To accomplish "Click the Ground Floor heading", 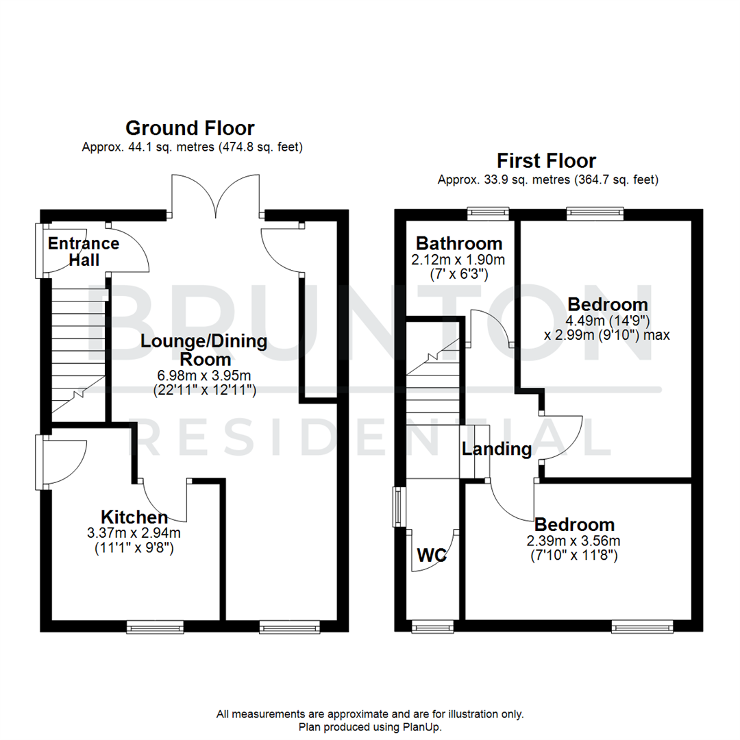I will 190,128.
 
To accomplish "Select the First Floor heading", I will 546,161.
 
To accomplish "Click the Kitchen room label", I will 134,517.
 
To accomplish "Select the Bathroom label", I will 459,243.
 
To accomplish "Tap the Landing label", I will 497,449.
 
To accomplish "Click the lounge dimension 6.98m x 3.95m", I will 205,375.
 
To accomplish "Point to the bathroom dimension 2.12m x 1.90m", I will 458,260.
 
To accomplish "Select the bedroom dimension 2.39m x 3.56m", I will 574,541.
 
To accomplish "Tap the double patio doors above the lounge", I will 216,195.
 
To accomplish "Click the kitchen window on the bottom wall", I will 156,626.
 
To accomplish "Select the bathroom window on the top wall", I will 489,214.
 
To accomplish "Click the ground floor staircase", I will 77,349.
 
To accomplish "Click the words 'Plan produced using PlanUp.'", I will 370,726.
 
